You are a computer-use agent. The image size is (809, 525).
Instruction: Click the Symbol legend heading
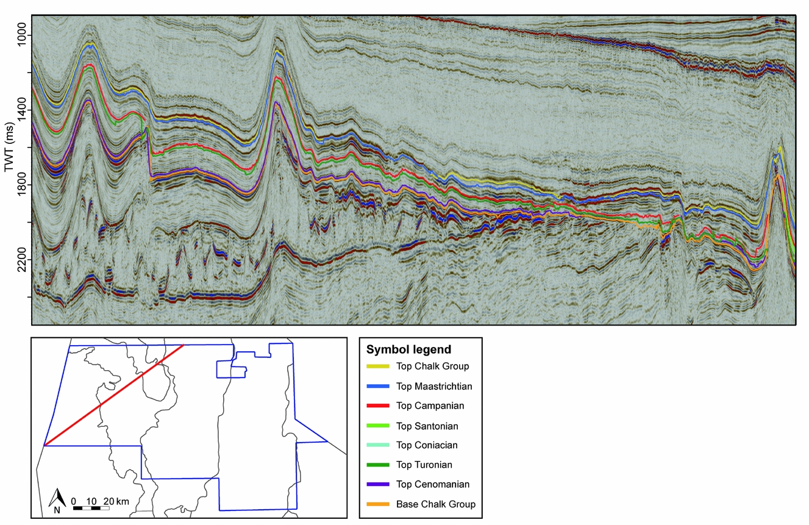[408, 350]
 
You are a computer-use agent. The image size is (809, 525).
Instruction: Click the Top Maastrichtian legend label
[434, 386]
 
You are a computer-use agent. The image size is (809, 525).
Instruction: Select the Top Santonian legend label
[427, 426]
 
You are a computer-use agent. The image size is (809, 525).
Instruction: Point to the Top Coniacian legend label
[426, 445]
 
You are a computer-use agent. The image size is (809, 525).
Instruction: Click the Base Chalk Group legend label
[435, 504]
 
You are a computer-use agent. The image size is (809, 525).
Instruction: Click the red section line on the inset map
[114, 395]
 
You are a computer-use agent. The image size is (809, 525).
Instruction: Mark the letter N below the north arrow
[57, 510]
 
